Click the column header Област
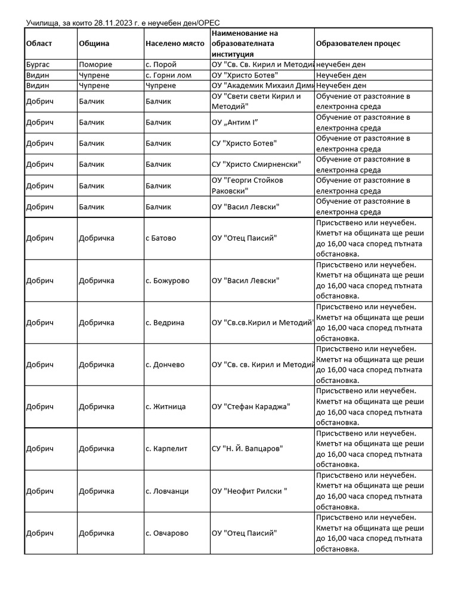(39, 43)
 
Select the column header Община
(94, 43)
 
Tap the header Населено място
(171, 43)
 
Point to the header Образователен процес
(358, 43)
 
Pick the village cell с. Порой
(161, 64)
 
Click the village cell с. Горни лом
(168, 75)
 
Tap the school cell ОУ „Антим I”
(235, 123)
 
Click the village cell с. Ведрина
(165, 323)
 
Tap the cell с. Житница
(165, 407)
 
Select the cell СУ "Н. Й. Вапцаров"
(247, 449)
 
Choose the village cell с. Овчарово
(166, 533)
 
